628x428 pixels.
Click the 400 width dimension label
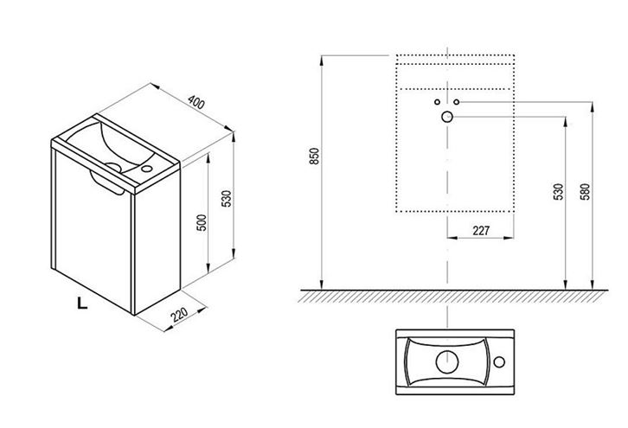pyautogui.click(x=196, y=103)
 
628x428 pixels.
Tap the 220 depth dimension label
pyautogui.click(x=179, y=314)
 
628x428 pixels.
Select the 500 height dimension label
pyautogui.click(x=202, y=222)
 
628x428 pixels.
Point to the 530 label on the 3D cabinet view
pyautogui.click(x=227, y=199)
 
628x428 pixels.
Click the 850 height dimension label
pyautogui.click(x=314, y=156)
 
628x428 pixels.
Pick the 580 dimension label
pyautogui.click(x=585, y=192)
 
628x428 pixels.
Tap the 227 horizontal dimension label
pyautogui.click(x=481, y=231)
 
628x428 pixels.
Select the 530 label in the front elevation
pyautogui.click(x=558, y=192)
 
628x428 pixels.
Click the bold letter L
pyautogui.click(x=82, y=303)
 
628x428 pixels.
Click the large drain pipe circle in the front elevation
pyautogui.click(x=447, y=117)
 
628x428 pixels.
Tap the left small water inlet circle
pyautogui.click(x=437, y=102)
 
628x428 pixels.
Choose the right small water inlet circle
pyautogui.click(x=456, y=102)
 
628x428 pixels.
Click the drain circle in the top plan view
pyautogui.click(x=447, y=362)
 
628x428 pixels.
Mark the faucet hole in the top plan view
pyautogui.click(x=499, y=362)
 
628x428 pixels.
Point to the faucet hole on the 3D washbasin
pyautogui.click(x=146, y=169)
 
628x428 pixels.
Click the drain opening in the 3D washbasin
pyautogui.click(x=113, y=167)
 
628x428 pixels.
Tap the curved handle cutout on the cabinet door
pyautogui.click(x=106, y=184)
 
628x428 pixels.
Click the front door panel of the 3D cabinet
pyautogui.click(x=93, y=229)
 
